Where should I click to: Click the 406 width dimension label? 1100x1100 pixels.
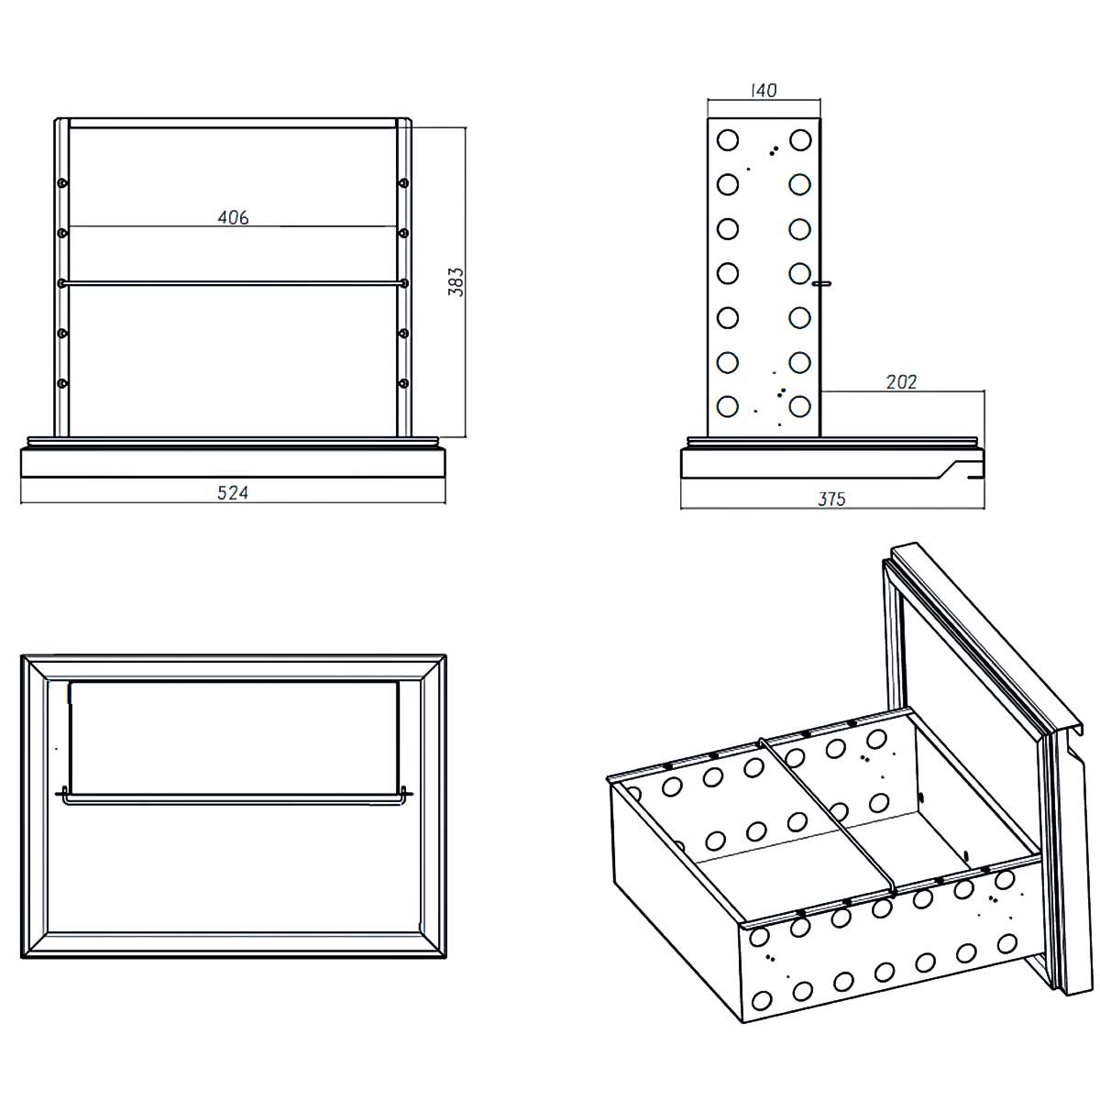233,217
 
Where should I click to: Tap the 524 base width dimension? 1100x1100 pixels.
233,492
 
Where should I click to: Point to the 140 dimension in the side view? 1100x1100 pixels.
763,91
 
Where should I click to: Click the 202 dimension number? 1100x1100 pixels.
901,381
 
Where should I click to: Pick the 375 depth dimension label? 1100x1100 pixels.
831,499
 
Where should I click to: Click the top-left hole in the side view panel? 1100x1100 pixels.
728,140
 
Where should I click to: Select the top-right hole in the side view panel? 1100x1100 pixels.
800,140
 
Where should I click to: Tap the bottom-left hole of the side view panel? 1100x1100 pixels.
728,405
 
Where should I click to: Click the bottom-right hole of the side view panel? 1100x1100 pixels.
800,405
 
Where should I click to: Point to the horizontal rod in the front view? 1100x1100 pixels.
233,284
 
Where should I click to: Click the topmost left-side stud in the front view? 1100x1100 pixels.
62,183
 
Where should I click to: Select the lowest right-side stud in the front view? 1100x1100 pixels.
403,382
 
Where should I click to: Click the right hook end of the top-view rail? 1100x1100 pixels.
406,794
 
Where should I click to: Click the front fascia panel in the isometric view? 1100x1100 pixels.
976,632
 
